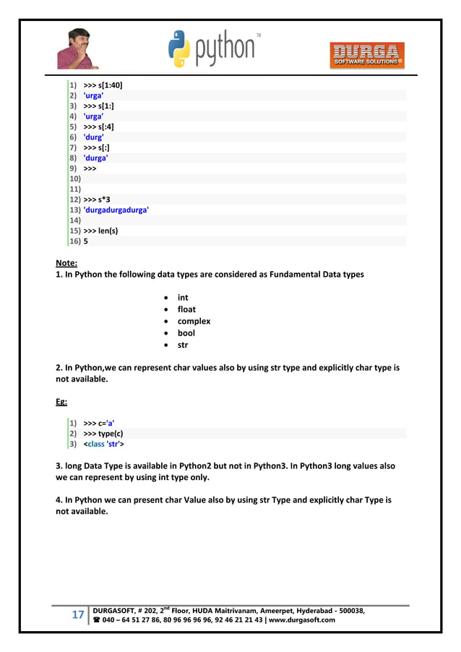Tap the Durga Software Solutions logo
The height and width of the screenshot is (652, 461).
(x=366, y=55)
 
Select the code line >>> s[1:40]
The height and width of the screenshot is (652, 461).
(x=103, y=85)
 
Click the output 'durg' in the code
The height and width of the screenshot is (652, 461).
(x=94, y=137)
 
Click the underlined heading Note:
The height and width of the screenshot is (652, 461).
(x=66, y=264)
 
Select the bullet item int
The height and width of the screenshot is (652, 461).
(x=183, y=298)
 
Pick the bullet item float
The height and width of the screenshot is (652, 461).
(x=186, y=309)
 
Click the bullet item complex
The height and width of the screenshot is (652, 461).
(x=194, y=321)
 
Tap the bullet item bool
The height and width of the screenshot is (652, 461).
(x=186, y=333)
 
